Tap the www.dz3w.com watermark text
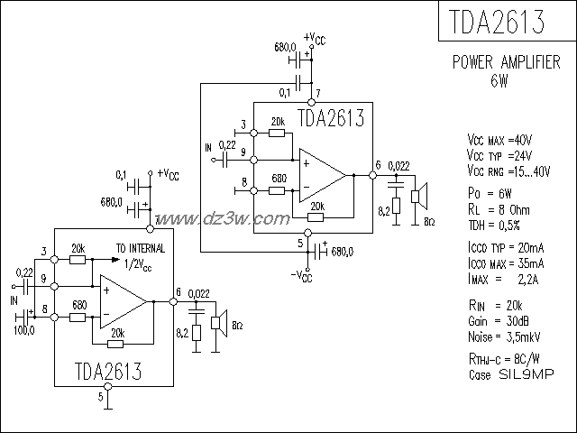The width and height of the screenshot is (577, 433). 214,218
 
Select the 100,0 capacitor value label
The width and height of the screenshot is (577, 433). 23,330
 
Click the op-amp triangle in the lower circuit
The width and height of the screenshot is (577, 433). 123,300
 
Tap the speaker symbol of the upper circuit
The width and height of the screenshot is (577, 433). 418,196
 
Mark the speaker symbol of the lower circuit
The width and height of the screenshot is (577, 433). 217,322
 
